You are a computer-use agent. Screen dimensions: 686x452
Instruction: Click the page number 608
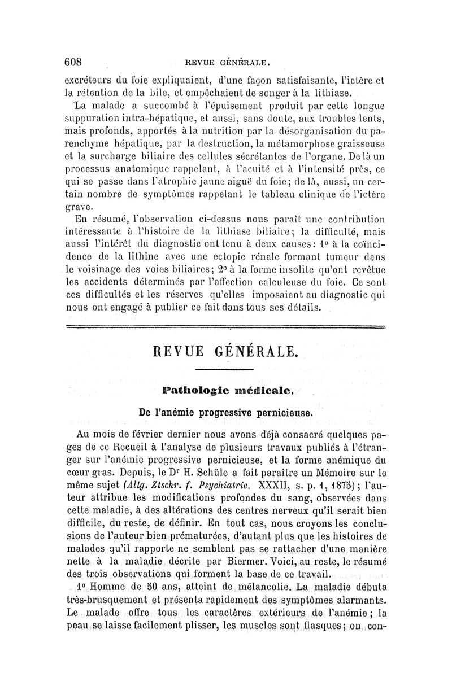point(75,61)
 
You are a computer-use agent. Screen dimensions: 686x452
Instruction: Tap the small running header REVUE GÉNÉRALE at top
point(227,62)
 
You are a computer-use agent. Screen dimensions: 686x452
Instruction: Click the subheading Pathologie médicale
point(226,390)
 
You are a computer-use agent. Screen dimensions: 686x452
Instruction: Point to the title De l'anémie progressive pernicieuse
point(225,413)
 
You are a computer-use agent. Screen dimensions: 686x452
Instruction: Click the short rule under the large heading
point(226,370)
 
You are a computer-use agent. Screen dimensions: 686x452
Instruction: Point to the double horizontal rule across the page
point(226,326)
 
